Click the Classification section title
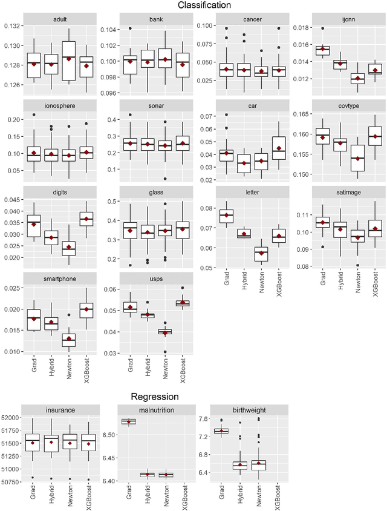click(204, 5)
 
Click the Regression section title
click(155, 397)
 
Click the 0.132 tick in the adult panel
click(11, 26)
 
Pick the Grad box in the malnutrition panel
click(128, 421)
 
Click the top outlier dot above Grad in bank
click(129, 28)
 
